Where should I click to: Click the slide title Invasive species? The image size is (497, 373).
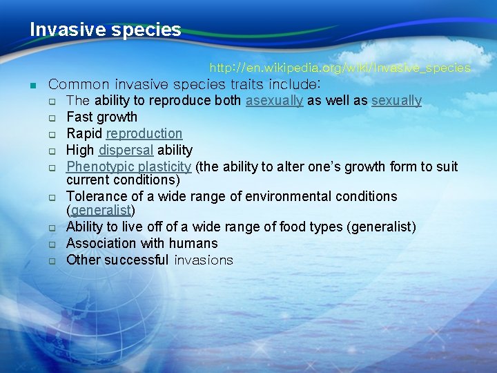tap(105, 30)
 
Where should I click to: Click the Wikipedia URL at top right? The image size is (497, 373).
tap(340, 68)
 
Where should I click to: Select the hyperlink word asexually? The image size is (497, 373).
tap(274, 101)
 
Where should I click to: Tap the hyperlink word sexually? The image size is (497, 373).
tap(396, 101)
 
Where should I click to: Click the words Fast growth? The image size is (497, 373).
tap(101, 117)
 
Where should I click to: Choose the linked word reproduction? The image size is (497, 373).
tap(144, 134)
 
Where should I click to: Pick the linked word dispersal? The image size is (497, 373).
tap(126, 151)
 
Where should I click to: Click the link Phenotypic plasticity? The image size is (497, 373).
tap(128, 167)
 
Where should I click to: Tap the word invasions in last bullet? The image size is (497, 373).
tap(204, 260)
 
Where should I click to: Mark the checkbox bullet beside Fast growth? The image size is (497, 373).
tap(52, 118)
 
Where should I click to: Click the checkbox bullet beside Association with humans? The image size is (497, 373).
tap(52, 245)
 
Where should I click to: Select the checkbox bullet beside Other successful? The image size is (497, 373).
tap(52, 261)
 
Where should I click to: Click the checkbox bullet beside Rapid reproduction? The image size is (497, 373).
tap(52, 135)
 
